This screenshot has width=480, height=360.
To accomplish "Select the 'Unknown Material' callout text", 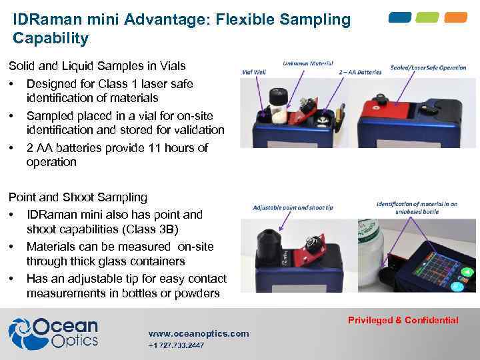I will pyautogui.click(x=307, y=64).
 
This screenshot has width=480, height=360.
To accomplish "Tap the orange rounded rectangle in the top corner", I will pyautogui.click(x=456, y=17).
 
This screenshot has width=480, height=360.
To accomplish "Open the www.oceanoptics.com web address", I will pyautogui.click(x=199, y=333).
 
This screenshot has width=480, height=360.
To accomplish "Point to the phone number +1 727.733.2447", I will pyautogui.click(x=176, y=345).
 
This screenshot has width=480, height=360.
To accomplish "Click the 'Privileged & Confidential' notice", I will pyautogui.click(x=403, y=320).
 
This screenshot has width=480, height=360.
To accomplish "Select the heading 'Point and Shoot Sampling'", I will pyautogui.click(x=77, y=197).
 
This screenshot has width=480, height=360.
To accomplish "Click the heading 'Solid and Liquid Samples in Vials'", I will pyautogui.click(x=97, y=66).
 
